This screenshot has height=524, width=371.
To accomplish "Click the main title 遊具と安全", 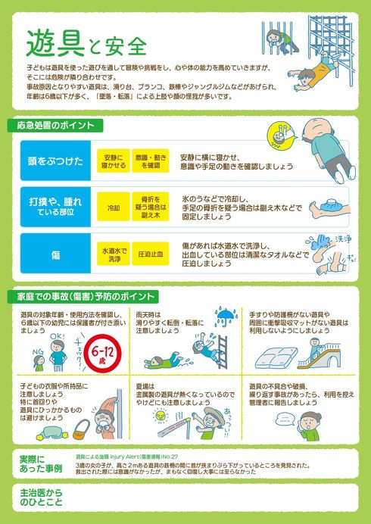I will (x=85, y=43).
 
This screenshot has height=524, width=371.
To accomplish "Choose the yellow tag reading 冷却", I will (x=113, y=207).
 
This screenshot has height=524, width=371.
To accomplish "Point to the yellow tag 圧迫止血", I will (x=153, y=255).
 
